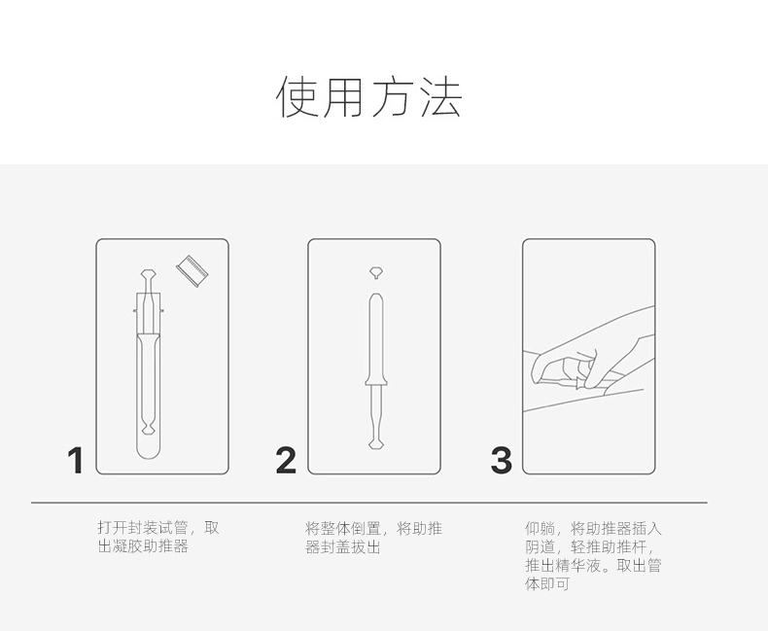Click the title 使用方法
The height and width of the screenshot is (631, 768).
369,97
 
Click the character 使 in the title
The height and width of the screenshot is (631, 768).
297,97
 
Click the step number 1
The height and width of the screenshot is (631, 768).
76,461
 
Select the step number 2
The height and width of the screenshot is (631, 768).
286,461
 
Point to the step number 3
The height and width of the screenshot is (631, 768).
501,461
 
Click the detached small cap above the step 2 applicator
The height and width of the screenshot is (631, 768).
374,271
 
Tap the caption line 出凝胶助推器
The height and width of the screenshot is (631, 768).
143,546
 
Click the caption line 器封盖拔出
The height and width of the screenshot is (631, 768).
343,546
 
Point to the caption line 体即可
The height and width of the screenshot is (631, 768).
547,583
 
